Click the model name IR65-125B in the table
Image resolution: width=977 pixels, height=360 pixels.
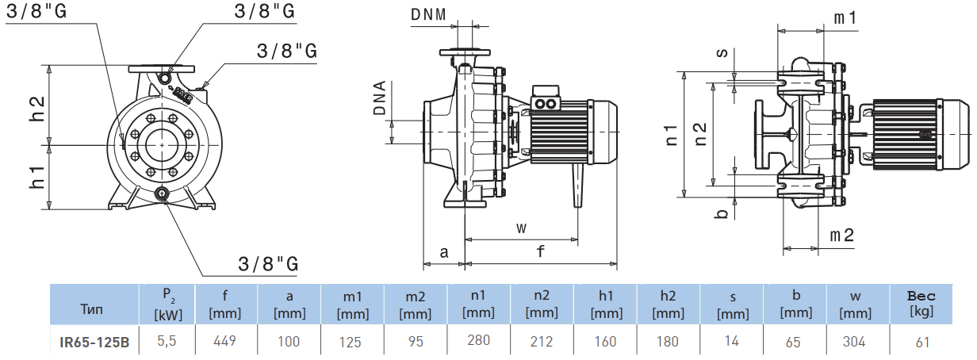[x=94, y=343]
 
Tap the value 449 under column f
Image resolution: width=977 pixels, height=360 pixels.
[x=225, y=342]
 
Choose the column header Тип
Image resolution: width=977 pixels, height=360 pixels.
[x=92, y=308]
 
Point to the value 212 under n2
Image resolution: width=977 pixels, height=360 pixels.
[x=542, y=342]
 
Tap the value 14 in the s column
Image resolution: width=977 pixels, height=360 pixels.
[x=732, y=342]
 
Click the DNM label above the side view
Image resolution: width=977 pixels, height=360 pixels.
[x=429, y=14]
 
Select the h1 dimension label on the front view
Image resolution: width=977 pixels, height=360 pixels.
[x=36, y=177]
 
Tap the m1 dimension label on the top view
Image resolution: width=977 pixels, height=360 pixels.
[x=845, y=17]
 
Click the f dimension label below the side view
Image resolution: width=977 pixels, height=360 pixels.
[x=541, y=252]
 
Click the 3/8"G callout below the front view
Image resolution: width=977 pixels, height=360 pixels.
[x=268, y=263]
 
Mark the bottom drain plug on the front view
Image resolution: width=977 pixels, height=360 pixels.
[x=163, y=193]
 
